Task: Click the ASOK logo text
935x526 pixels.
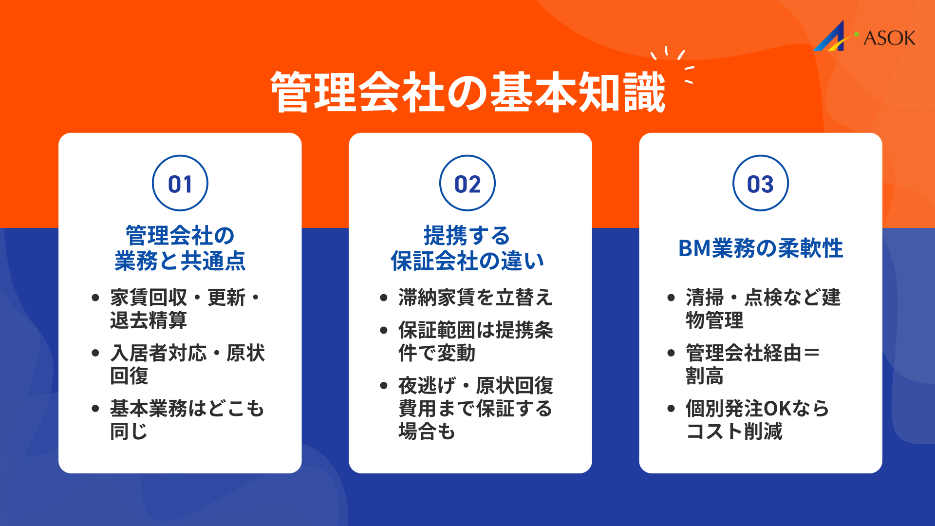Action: [889, 38]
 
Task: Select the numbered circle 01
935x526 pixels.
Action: [180, 184]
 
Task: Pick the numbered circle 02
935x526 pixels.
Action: [467, 184]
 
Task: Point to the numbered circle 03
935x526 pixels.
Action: [760, 184]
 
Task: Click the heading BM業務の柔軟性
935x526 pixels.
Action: [760, 248]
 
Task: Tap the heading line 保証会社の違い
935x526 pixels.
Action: [467, 261]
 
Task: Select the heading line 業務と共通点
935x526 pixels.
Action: [180, 261]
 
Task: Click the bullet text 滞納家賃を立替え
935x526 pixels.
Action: [475, 298]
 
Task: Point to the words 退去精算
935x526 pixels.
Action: [149, 320]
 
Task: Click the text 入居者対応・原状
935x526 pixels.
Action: [187, 353]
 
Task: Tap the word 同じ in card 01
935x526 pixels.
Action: [129, 432]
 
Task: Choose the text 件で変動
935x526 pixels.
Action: [437, 353]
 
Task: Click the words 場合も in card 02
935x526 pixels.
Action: [427, 432]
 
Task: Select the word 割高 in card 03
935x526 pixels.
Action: [705, 376]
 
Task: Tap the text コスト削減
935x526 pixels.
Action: [734, 432]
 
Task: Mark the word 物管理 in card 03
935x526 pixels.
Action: [714, 320]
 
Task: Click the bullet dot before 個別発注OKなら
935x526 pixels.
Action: [671, 409]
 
